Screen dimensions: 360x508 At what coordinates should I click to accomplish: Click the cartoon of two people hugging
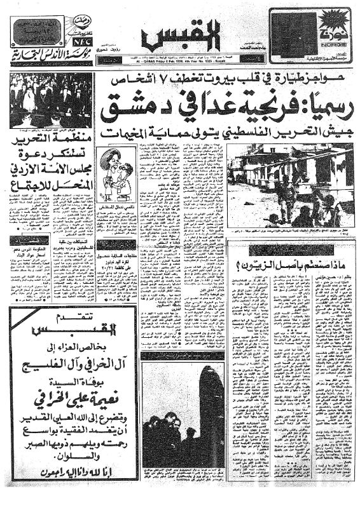click(115, 182)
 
